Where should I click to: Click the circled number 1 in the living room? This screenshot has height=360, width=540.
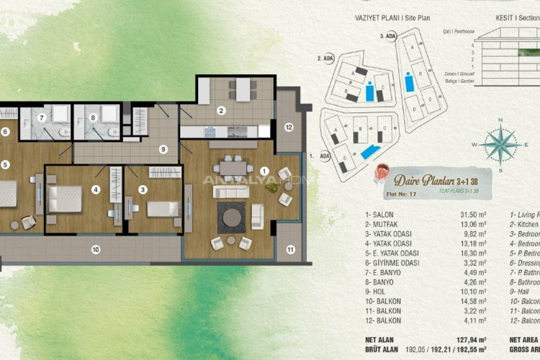point(264,171)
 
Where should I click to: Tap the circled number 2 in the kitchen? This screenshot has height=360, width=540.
point(222,110)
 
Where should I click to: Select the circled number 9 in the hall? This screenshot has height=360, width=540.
point(163,149)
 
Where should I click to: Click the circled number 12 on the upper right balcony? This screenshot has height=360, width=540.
point(288,127)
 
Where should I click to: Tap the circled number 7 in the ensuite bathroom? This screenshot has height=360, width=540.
point(42,117)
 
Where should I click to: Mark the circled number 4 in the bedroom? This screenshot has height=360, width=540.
point(95,191)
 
